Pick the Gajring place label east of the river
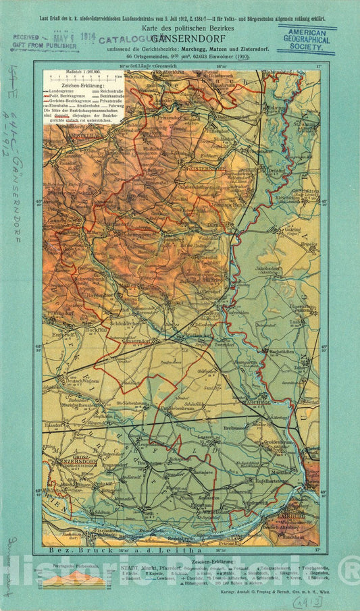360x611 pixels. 292,230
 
